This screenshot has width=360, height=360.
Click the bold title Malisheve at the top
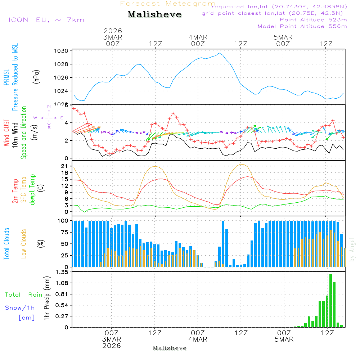154,15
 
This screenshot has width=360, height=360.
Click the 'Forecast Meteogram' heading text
168,4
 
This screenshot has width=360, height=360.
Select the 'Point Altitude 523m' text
313,20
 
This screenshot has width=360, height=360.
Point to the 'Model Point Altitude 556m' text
302,26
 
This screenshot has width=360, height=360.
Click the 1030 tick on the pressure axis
62,51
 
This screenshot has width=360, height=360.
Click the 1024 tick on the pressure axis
62,91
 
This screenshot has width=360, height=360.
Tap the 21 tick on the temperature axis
65,166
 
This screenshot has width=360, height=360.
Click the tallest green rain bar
330,301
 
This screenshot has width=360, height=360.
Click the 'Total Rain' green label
23,295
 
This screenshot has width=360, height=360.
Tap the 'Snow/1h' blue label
20,308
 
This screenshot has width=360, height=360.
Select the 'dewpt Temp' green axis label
33,190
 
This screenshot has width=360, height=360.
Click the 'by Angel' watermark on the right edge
352,250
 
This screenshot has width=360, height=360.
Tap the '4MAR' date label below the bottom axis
198,339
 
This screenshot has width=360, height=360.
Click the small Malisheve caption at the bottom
170,348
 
